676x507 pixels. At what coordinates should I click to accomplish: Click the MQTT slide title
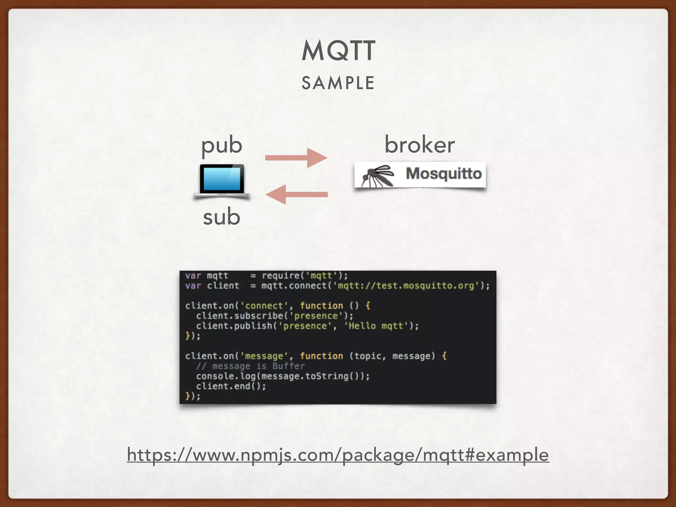pos(338,51)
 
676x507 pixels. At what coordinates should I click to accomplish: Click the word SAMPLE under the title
pos(338,83)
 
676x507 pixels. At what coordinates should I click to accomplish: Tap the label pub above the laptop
pos(222,145)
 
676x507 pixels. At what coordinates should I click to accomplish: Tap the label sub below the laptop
pos(221,217)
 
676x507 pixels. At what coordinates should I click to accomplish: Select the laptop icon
pos(222,181)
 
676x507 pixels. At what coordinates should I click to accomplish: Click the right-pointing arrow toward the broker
pos(296,158)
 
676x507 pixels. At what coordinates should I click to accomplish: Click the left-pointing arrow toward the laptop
pos(296,194)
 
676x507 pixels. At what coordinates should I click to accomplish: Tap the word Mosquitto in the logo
pos(444,174)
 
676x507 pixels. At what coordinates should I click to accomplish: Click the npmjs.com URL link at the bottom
pos(338,455)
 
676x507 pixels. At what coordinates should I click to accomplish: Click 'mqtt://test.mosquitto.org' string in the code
pos(406,286)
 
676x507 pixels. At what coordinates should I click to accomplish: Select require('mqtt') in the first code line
pos(304,276)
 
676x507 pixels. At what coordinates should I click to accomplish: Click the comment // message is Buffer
pos(250,366)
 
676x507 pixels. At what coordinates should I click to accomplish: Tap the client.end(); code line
pos(231,386)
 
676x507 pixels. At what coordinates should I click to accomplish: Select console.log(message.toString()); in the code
pos(283,376)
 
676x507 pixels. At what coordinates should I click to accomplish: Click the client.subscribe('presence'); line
pos(274,316)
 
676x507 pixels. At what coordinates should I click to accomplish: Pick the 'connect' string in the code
pos(264,306)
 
